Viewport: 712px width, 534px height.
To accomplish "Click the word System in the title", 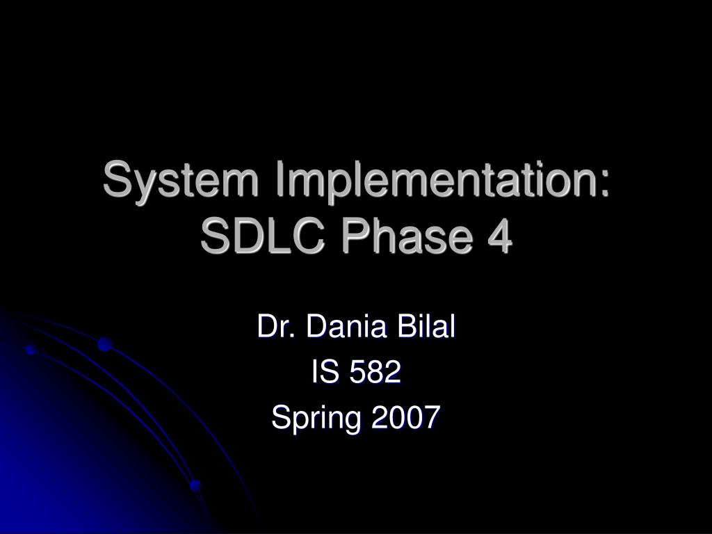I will point(182,181).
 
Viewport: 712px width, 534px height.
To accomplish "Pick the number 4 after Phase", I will point(498,238).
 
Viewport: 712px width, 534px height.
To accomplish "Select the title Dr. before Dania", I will point(273,327).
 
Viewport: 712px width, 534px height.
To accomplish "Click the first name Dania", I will point(343,327).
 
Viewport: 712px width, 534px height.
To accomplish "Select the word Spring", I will point(316,419).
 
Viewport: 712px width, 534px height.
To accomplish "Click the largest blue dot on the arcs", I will point(105,343).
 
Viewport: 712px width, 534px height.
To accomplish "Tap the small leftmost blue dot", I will point(31,350).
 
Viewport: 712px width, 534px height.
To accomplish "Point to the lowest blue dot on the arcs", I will point(195,485).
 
